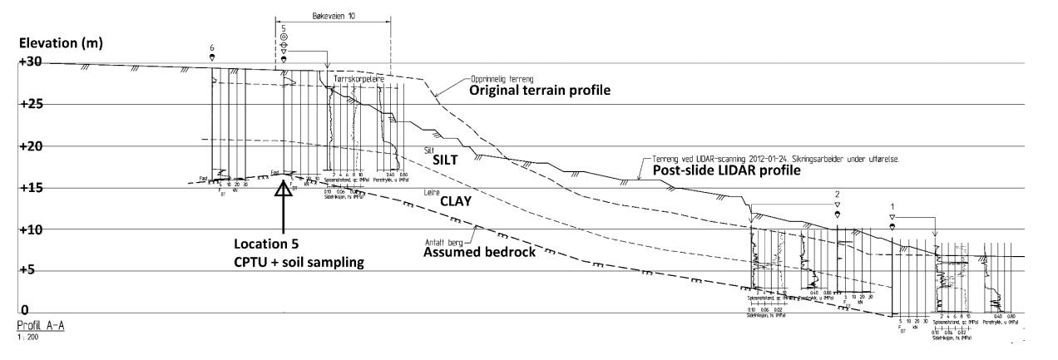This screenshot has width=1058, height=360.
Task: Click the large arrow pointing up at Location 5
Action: (x=284, y=196)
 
